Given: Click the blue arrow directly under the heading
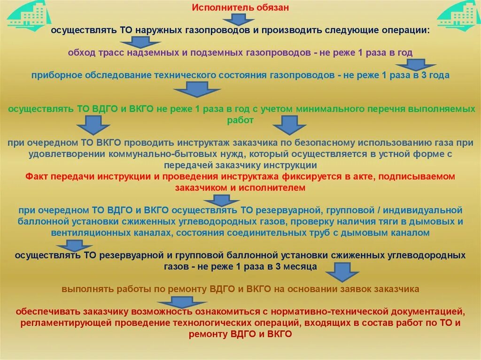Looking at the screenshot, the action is coord(238,19).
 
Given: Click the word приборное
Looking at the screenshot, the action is coord(52,75).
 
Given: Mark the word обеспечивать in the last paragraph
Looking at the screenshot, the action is coord(48,312).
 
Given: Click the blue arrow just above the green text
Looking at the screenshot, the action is coord(196,88).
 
